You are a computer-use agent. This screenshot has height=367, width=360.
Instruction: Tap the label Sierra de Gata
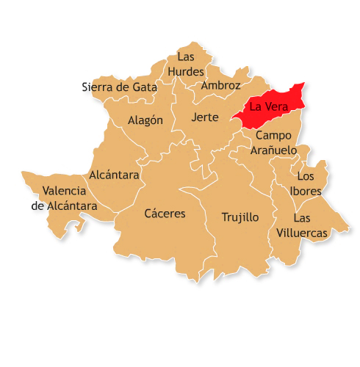coord(119,87)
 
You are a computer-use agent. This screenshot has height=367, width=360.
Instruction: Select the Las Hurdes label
coord(186,64)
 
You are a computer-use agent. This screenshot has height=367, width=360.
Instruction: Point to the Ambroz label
coord(220,85)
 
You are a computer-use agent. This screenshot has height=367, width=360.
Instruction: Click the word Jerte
coord(204,117)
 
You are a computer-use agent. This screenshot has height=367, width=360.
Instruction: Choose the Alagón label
coord(145,120)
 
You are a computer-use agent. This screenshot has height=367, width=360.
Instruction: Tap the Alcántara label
coord(114,175)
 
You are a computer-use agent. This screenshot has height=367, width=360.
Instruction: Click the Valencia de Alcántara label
coord(65,199)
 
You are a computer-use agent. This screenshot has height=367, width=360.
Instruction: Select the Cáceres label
coord(165,214)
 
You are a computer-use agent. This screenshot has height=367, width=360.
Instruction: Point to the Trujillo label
coord(240,217)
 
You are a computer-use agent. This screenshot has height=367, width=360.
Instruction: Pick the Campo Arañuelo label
coord(273,143)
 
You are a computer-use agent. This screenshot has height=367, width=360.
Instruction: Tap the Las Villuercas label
coord(303,225)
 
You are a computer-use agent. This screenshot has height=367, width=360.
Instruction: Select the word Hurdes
coord(186,72)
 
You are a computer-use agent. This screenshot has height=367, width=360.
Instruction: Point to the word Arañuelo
coord(273,150)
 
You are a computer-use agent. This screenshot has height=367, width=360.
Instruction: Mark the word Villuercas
coord(303,233)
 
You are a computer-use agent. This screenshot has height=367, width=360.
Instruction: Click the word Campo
coord(273,136)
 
